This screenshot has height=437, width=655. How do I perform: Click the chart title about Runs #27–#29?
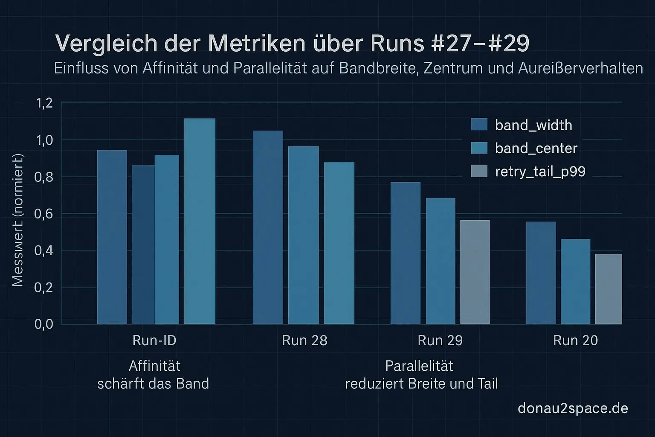(x=292, y=44)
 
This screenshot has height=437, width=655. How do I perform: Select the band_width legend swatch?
(x=479, y=124)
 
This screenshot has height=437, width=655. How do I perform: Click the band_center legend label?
(x=536, y=148)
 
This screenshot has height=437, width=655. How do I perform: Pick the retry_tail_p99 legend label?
(x=540, y=172)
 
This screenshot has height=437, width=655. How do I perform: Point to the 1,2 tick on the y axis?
(x=44, y=103)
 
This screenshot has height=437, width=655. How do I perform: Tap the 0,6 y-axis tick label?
(x=44, y=213)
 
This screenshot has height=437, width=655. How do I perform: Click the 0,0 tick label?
(x=44, y=324)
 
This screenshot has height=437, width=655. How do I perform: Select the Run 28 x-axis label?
(x=304, y=341)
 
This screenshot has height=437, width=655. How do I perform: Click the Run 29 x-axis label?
(x=440, y=341)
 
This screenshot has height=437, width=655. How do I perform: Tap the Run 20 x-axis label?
(x=575, y=341)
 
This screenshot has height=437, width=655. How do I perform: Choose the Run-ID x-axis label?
(x=154, y=341)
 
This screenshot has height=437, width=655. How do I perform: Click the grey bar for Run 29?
(x=475, y=272)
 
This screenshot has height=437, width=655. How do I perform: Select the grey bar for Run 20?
(x=609, y=289)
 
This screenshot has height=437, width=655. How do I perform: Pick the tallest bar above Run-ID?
(x=200, y=221)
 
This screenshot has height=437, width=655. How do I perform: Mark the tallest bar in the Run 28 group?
(x=268, y=227)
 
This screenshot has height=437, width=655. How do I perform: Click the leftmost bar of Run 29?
(x=406, y=253)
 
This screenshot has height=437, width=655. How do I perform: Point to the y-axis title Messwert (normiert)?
(x=17, y=220)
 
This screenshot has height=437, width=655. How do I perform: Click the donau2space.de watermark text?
(x=573, y=408)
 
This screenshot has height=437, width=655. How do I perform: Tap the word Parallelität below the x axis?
(x=419, y=366)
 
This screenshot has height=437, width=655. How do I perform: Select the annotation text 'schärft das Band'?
(x=153, y=384)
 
